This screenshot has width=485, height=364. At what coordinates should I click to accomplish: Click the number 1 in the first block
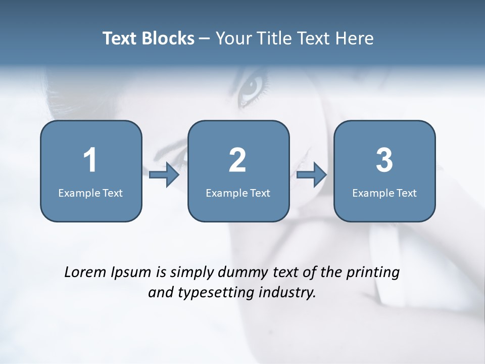point(90,160)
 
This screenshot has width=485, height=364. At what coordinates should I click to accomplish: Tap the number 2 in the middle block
point(237,160)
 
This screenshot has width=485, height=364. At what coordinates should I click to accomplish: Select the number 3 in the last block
point(384,160)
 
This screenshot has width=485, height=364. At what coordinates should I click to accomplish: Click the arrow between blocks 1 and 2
point(164,175)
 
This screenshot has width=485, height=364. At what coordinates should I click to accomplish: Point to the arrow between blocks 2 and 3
point(312,175)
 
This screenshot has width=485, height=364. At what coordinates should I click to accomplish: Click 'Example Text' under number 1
point(90,193)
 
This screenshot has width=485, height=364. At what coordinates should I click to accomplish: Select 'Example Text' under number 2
point(238,193)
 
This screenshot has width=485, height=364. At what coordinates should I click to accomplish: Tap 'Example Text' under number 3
point(384,193)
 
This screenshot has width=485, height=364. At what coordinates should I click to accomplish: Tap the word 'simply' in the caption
point(192,272)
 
